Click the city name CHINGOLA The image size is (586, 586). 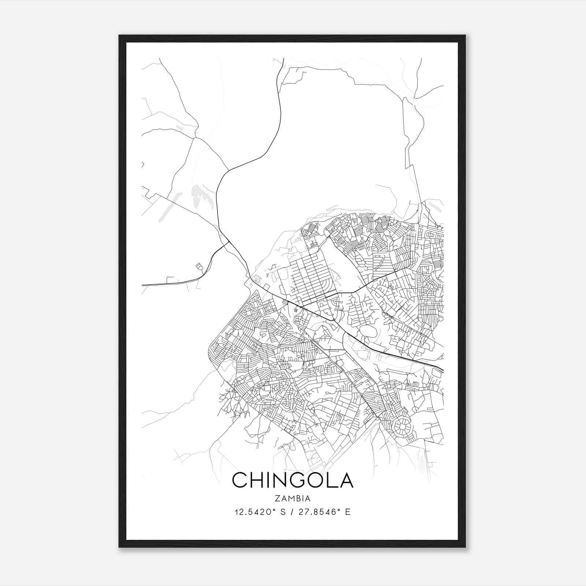[293, 480]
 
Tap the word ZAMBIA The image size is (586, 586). [293, 498]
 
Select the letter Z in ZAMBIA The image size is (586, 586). [277, 498]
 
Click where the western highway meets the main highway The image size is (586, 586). [229, 242]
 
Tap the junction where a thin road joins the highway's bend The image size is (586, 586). [229, 170]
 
